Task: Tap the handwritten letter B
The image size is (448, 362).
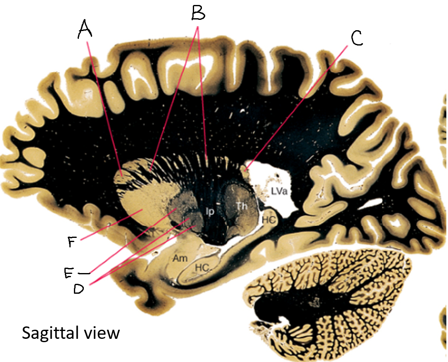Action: pyautogui.click(x=198, y=13)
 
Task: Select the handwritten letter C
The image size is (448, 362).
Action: pyautogui.click(x=356, y=38)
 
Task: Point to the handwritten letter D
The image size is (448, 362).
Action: pyautogui.click(x=78, y=288)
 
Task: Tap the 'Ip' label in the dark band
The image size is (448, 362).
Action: pyautogui.click(x=210, y=211)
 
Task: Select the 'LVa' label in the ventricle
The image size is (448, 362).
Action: pyautogui.click(x=280, y=191)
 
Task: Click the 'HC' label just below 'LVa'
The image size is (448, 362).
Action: pyautogui.click(x=268, y=220)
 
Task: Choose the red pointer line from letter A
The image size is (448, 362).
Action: pyautogui.click(x=103, y=108)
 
